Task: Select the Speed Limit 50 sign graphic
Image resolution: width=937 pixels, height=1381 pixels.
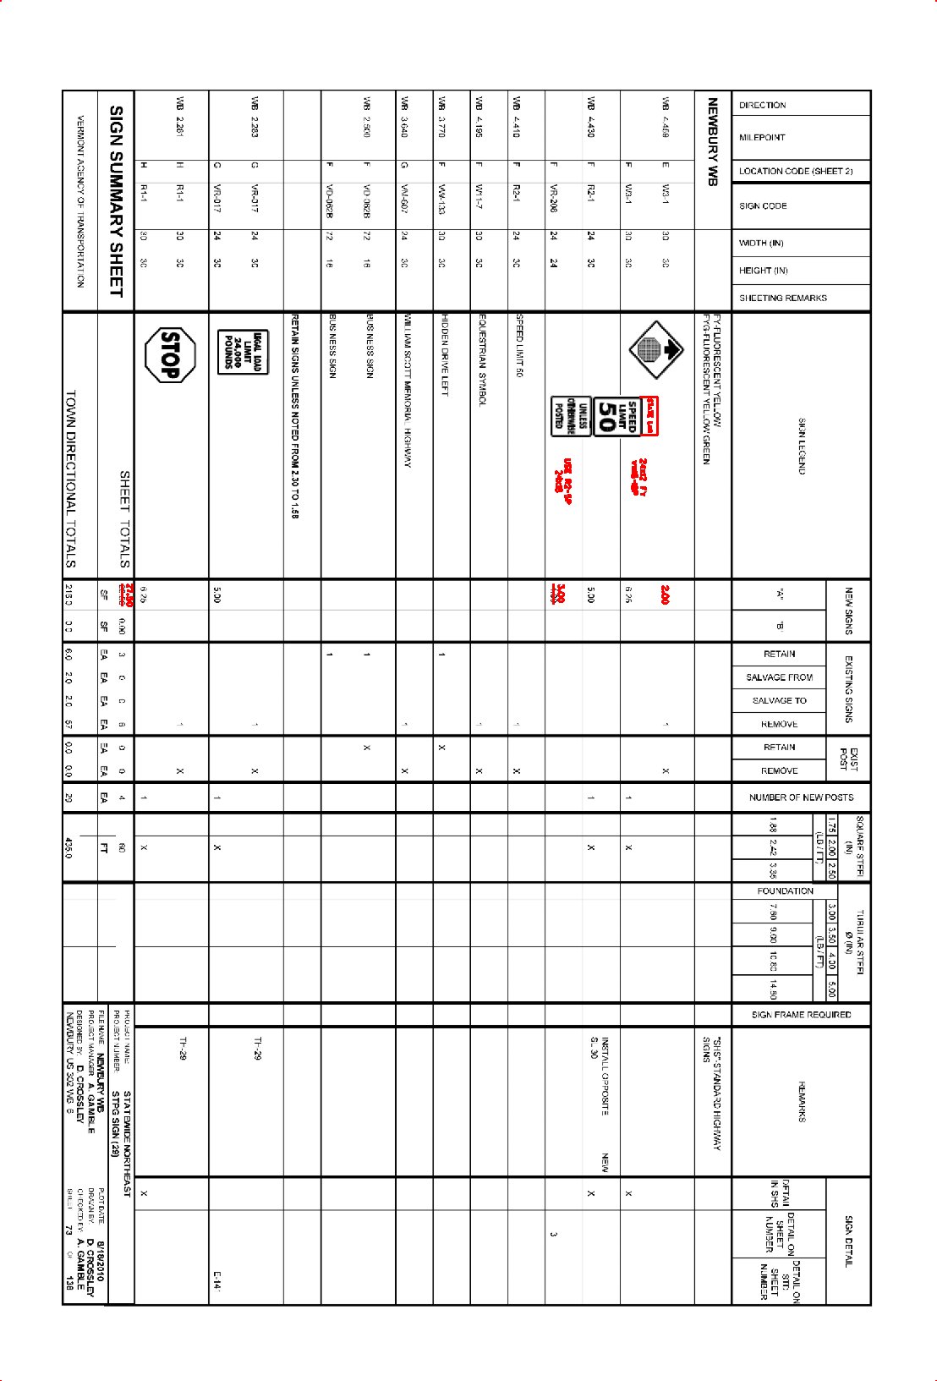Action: (x=606, y=417)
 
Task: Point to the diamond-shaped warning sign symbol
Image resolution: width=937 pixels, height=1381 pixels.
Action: (x=655, y=349)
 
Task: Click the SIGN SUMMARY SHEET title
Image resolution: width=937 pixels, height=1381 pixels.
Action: (x=117, y=201)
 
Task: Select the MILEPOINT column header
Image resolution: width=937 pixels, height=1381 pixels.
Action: (x=762, y=137)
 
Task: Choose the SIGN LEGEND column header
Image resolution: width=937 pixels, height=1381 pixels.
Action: (x=801, y=446)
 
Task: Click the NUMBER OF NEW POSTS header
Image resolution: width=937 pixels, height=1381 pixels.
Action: (x=801, y=797)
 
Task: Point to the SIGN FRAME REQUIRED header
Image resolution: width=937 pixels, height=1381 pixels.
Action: (x=801, y=1014)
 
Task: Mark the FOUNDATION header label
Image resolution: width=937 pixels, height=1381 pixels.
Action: (x=785, y=891)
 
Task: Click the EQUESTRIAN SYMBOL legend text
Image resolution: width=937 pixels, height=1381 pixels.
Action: (x=482, y=360)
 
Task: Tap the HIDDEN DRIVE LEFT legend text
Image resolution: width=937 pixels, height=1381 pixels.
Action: (x=445, y=354)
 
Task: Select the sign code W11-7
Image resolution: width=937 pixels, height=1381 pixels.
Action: (x=479, y=196)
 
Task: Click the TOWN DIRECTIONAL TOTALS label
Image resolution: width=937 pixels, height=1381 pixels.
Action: (x=70, y=479)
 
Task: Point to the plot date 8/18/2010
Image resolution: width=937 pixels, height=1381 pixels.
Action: (x=101, y=1261)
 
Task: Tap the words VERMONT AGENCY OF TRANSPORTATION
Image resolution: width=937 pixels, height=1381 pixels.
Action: (x=80, y=201)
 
